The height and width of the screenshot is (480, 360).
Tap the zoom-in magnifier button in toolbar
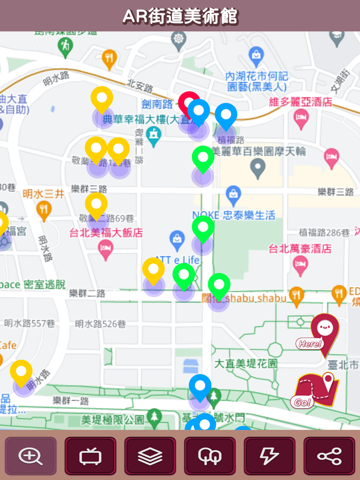coord(30,456)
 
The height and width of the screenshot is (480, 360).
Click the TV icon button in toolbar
coord(90,456)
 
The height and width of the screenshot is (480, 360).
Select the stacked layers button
coord(150,456)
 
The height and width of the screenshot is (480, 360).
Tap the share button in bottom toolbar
coord(329,456)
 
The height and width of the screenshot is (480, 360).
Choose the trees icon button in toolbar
coord(209,456)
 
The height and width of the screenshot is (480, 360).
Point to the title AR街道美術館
coord(180,16)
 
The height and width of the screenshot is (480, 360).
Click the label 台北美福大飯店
coord(106,233)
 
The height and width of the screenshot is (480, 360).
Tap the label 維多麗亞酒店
coord(301,102)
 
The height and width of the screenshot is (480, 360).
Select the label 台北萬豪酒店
coord(300,249)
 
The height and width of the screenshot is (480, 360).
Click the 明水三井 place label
coord(44,194)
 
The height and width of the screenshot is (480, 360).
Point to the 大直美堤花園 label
coord(245,363)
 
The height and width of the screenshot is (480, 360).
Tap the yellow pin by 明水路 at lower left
coord(21,372)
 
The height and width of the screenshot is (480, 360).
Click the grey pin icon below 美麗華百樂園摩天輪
coord(258,167)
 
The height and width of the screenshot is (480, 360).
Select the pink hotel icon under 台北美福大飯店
coord(105,250)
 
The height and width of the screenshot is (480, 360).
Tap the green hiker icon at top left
coord(65,46)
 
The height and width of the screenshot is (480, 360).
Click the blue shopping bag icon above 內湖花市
coord(256,54)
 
